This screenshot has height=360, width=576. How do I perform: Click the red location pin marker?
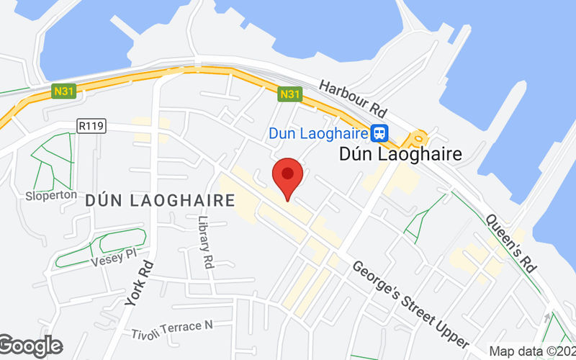[x=288, y=177]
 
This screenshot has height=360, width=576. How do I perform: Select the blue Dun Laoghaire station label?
[x=318, y=133]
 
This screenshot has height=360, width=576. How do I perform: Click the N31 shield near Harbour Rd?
[x=289, y=94]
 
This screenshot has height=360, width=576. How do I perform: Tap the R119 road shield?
[x=89, y=126]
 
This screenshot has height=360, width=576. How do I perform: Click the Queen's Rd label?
[x=512, y=242]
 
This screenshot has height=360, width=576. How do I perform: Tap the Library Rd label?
[x=207, y=242]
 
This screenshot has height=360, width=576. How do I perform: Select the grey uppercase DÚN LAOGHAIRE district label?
[x=160, y=202]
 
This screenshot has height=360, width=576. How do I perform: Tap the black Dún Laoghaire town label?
[x=400, y=154]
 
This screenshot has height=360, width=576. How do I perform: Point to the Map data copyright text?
[x=532, y=351]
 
